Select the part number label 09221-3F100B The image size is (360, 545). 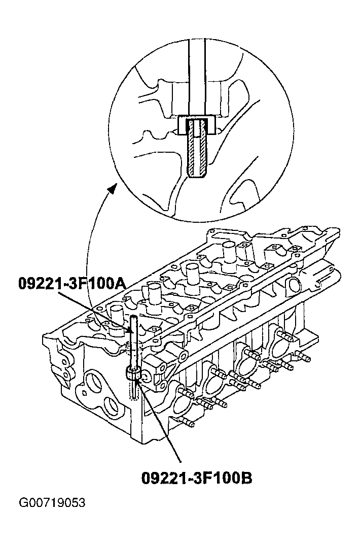tap(197, 478)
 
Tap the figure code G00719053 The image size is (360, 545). tap(52, 502)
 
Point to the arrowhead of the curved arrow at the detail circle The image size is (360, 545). tap(112, 189)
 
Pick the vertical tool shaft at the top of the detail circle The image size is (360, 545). tap(197, 77)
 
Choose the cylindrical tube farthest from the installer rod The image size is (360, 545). tap(229, 250)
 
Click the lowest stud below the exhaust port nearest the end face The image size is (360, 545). tap(188, 423)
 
